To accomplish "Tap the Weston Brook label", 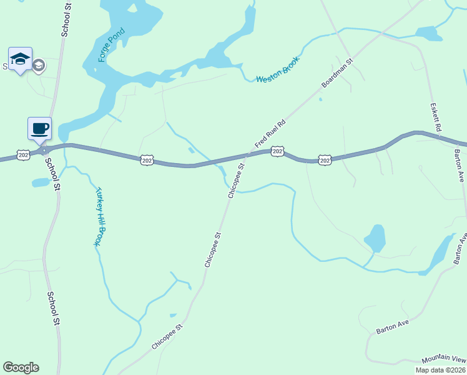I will coord(278,69).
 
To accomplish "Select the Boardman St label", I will coord(337,73).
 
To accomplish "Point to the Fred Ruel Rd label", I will coord(270,133).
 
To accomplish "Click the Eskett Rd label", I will coord(436,117).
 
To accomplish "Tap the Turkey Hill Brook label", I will coord(99,216).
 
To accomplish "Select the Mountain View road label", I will coord(443,360).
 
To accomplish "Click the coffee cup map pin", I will coord(40,129).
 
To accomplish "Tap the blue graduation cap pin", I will coord(20,59).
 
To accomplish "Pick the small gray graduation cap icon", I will coord(39,65).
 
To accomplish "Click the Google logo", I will coord(21,367).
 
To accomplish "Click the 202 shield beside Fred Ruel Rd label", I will coord(278,151).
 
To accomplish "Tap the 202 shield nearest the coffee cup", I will coord(23,154).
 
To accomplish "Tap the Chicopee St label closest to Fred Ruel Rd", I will coord(235,181).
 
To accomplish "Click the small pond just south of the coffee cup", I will coord(40,182).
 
